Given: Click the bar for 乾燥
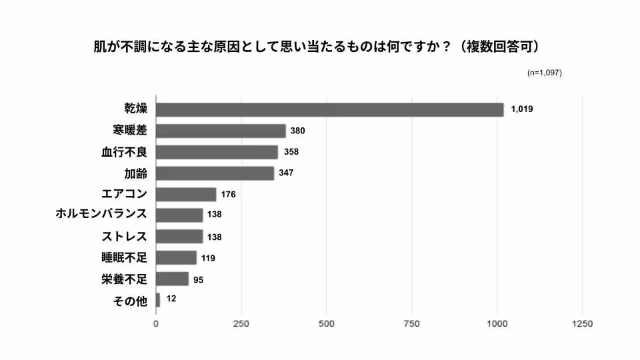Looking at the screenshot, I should (330, 110).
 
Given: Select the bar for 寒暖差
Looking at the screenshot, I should (221, 131).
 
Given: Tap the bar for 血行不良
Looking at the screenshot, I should (217, 152).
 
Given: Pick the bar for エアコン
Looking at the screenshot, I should (186, 194).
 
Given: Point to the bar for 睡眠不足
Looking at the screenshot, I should (177, 257).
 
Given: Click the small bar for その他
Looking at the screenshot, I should (158, 299).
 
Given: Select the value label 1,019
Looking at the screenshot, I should (522, 109).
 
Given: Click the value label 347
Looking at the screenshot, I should (286, 173).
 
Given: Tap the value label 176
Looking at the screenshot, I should (229, 195).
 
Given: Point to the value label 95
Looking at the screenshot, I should (198, 279).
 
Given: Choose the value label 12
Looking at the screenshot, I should (171, 299).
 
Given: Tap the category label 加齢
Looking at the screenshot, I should (135, 173).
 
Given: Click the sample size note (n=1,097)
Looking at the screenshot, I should (544, 73).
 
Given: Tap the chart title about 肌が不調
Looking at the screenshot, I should (316, 47).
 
